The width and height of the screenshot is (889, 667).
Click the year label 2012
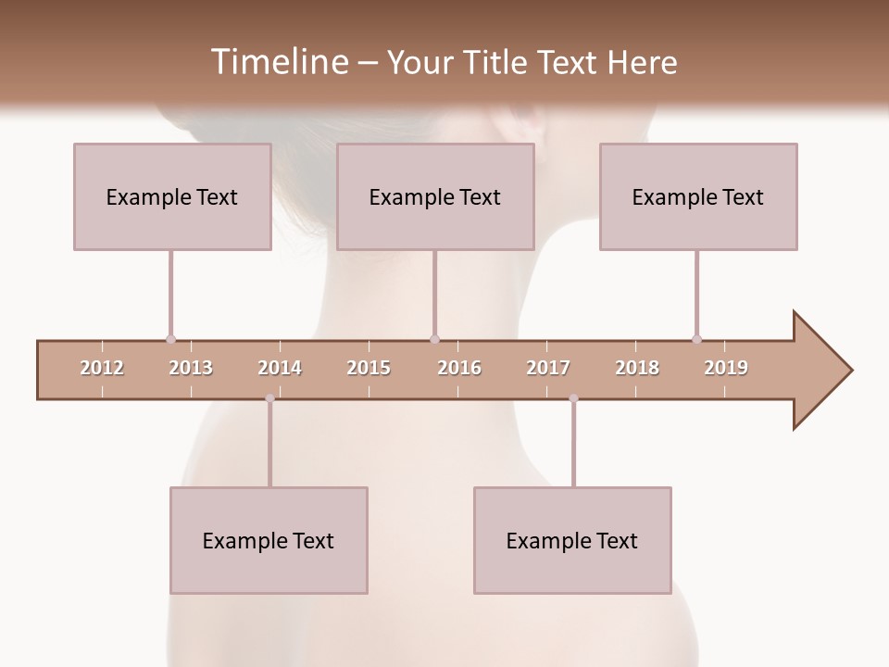[x=102, y=368]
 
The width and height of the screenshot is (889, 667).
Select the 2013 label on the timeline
[x=191, y=368]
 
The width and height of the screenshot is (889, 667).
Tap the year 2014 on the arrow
[x=280, y=368]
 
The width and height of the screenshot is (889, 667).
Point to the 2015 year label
[x=369, y=368]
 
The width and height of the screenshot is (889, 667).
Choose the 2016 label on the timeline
[x=459, y=368]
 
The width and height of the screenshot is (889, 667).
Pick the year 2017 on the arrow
[x=548, y=368]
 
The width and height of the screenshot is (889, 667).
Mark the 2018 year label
[x=637, y=368]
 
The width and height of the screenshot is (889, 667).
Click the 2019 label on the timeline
[x=726, y=368]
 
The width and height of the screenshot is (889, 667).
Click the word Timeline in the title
[x=277, y=62]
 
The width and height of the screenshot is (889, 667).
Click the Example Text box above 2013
[x=172, y=196]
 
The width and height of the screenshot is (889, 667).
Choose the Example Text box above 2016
[x=435, y=196]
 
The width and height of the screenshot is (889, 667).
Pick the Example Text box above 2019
[x=698, y=196]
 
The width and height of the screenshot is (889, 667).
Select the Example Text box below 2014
[x=269, y=540]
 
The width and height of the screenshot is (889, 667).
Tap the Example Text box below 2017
[x=572, y=540]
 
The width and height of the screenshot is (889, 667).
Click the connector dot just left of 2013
[x=170, y=339]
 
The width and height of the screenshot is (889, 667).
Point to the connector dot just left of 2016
[x=434, y=339]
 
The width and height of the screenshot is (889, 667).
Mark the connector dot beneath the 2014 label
[x=269, y=398]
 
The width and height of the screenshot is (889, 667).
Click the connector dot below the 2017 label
[x=573, y=398]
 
